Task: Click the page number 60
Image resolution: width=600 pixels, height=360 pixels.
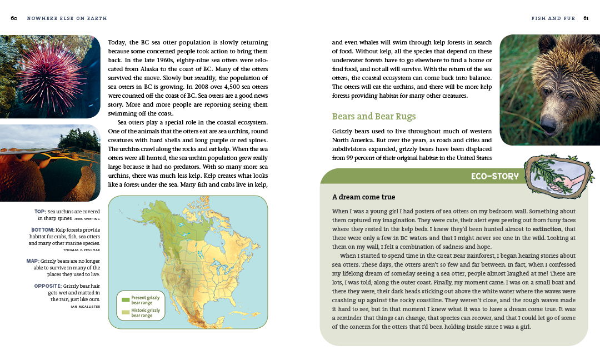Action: (x=14, y=18)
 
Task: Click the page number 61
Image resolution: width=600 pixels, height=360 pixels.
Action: (x=586, y=18)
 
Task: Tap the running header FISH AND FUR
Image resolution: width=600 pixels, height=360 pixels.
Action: (x=553, y=18)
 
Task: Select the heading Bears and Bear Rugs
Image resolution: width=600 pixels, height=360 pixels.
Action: (x=373, y=117)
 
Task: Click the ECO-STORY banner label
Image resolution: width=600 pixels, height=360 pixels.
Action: (x=494, y=177)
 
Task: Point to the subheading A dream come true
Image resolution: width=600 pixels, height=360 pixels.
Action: (x=363, y=197)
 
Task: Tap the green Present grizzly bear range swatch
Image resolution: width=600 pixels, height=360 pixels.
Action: (x=126, y=299)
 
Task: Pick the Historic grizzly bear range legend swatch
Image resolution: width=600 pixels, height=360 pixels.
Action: (x=126, y=312)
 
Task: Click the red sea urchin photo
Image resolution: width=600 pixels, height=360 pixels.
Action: (x=50, y=77)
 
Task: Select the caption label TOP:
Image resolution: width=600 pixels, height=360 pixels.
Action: (x=40, y=212)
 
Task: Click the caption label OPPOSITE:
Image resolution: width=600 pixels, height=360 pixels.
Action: (x=47, y=286)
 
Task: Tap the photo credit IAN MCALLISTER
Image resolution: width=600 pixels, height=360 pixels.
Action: (x=85, y=306)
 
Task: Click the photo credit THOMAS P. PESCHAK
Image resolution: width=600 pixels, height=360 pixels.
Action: (x=82, y=250)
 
